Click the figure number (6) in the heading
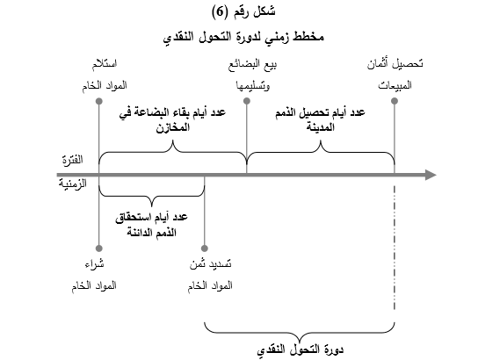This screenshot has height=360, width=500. (x=220, y=12)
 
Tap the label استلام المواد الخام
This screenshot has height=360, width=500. (x=105, y=75)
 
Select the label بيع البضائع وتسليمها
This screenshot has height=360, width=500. (x=252, y=76)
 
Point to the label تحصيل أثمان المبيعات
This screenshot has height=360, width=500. (x=395, y=75)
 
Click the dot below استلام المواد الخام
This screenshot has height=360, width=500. (x=99, y=101)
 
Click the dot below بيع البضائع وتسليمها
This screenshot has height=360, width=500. (x=247, y=101)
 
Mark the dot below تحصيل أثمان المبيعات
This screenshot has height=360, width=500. (x=395, y=101)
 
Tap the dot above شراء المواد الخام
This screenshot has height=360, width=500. (x=99, y=248)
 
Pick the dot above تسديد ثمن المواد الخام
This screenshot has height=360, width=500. (x=205, y=248)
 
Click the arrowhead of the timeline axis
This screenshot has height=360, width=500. (x=431, y=175)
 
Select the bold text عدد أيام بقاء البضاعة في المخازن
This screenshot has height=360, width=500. (x=172, y=119)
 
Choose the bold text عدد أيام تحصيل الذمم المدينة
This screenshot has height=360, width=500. (x=320, y=119)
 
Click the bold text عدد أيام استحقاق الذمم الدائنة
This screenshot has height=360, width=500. (x=151, y=225)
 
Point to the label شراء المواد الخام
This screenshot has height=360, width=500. (x=94, y=275)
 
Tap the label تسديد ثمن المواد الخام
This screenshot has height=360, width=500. (x=210, y=275)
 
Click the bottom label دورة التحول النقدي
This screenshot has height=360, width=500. (x=300, y=350)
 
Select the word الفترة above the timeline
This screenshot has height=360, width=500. (x=72, y=160)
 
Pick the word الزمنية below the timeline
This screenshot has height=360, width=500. (x=72, y=184)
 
